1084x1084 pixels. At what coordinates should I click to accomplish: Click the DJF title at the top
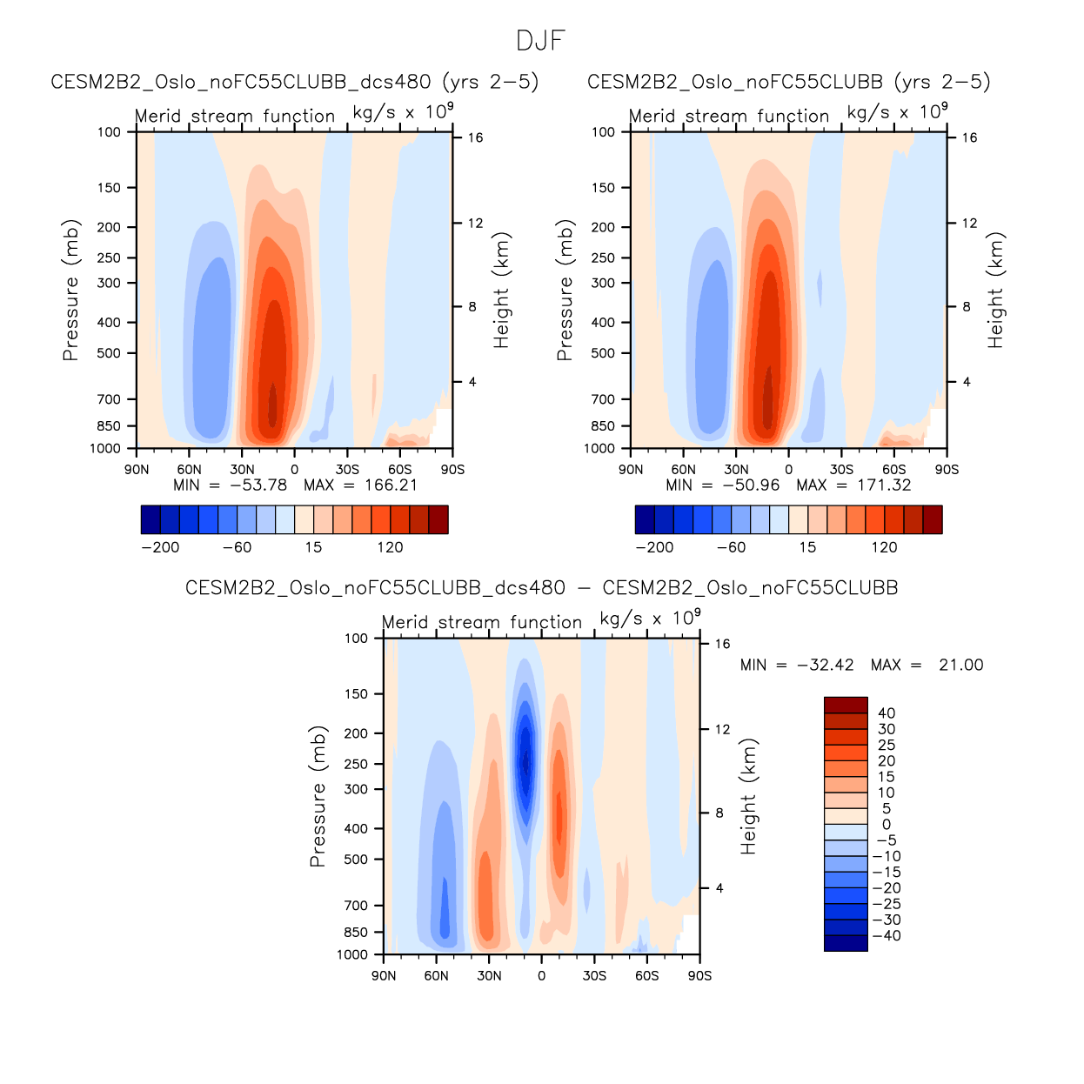pos(541,41)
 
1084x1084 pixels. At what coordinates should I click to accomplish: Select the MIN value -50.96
pos(751,485)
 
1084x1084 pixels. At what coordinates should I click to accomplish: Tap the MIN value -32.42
pos(825,666)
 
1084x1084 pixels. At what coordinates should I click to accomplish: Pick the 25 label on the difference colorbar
pos(887,746)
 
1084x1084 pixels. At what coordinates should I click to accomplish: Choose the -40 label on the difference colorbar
pos(887,936)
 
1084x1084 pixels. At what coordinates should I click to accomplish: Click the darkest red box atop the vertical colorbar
pos(846,706)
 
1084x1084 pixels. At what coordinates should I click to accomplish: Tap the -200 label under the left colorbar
pos(160,548)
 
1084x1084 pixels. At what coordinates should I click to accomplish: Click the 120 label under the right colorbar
pos(884,548)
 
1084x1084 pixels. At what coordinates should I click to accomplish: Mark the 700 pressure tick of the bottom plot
pos(357,906)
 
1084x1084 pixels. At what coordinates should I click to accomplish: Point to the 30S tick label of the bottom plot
pos(594,976)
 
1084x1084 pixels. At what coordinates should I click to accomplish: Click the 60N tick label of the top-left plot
pos(189,470)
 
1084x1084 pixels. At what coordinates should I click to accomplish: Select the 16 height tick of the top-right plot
pos(969,137)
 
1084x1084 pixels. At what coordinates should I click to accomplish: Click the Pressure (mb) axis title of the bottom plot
pos(318,796)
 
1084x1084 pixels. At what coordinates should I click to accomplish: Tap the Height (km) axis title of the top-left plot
pos(501,291)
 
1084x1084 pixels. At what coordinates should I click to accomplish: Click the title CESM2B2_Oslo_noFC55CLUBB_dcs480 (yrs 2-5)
pos(295,82)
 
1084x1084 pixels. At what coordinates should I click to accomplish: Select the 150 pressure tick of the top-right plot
pos(603,188)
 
